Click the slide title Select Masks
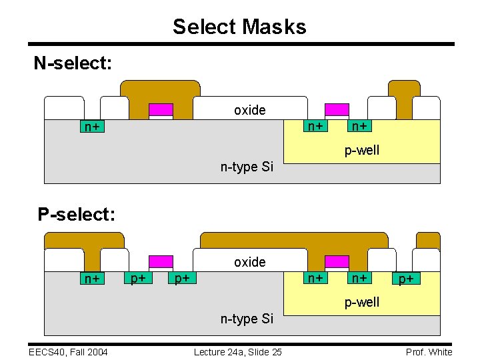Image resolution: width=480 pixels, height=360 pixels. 239,27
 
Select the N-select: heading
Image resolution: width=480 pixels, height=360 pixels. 73,63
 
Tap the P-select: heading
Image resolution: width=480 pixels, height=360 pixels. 77,215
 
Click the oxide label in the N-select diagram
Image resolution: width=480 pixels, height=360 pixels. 249,110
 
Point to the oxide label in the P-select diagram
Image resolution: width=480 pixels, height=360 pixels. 249,262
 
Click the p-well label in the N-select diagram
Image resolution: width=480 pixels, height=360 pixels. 362,150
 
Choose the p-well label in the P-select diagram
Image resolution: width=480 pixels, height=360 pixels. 362,302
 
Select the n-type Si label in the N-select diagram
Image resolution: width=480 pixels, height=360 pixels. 247,167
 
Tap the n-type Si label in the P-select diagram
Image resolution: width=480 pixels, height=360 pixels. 247,319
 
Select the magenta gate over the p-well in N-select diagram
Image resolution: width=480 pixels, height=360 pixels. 337,110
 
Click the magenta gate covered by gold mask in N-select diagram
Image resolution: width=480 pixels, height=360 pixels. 161,110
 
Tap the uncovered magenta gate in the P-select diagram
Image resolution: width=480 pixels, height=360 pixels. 161,261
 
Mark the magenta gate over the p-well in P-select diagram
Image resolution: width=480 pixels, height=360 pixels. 337,261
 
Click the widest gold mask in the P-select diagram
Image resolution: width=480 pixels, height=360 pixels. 294,240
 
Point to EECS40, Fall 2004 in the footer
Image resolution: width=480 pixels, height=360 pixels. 68,352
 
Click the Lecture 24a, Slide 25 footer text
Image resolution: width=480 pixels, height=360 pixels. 237,352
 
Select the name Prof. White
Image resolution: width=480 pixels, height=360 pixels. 429,352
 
